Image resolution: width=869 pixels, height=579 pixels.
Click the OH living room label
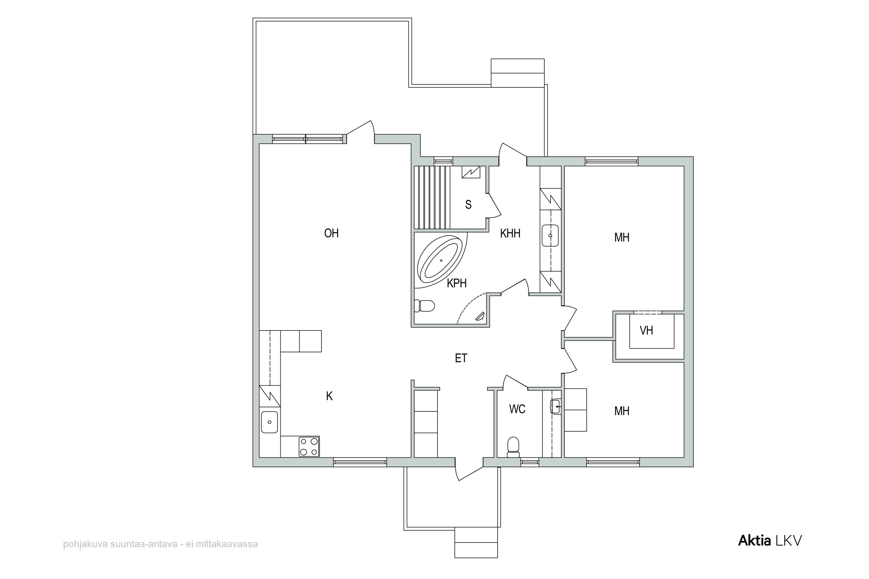[x=331, y=233]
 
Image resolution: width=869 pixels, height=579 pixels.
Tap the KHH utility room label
[x=510, y=233]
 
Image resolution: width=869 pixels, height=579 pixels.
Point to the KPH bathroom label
[x=457, y=283]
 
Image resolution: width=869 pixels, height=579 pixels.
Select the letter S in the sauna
[x=468, y=205]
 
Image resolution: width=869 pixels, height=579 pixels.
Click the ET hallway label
[x=461, y=358]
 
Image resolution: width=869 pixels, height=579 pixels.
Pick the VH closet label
[x=646, y=331]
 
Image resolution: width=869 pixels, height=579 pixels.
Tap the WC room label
[x=517, y=409]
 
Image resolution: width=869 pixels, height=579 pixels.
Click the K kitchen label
[x=329, y=396]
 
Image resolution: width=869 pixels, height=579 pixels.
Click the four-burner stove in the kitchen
[x=309, y=446]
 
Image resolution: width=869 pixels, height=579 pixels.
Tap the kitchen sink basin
[x=269, y=422]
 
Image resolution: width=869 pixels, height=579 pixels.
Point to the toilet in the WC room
[x=513, y=447]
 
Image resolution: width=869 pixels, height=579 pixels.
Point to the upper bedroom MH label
[x=622, y=237]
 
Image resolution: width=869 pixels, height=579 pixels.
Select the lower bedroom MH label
[x=622, y=411]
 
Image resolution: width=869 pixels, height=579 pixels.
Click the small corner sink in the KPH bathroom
[x=481, y=316]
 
